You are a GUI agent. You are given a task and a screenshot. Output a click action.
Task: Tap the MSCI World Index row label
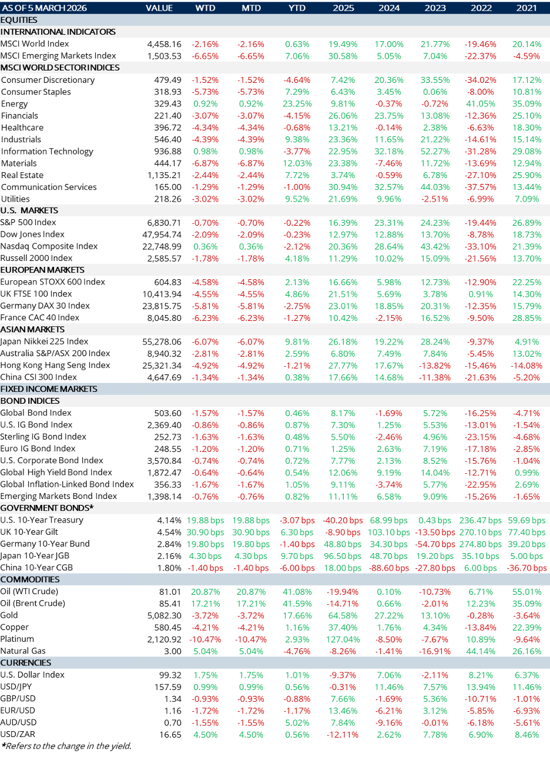(x=35, y=44)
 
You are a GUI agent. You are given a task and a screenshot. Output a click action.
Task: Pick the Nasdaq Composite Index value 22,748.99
(x=158, y=246)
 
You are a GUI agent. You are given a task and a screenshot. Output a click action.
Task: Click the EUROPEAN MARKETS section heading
(x=42, y=270)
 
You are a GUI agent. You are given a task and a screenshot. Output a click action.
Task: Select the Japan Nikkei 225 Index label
(x=45, y=341)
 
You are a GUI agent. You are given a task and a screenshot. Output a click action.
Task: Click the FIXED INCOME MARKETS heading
(x=49, y=389)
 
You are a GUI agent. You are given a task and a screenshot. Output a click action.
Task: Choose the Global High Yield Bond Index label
(x=56, y=473)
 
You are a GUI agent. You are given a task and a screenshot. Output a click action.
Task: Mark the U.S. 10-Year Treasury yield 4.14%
(x=170, y=520)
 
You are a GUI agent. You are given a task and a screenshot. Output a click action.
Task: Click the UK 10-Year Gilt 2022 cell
(x=479, y=532)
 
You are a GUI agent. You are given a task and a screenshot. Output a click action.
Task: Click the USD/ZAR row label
(x=18, y=735)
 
